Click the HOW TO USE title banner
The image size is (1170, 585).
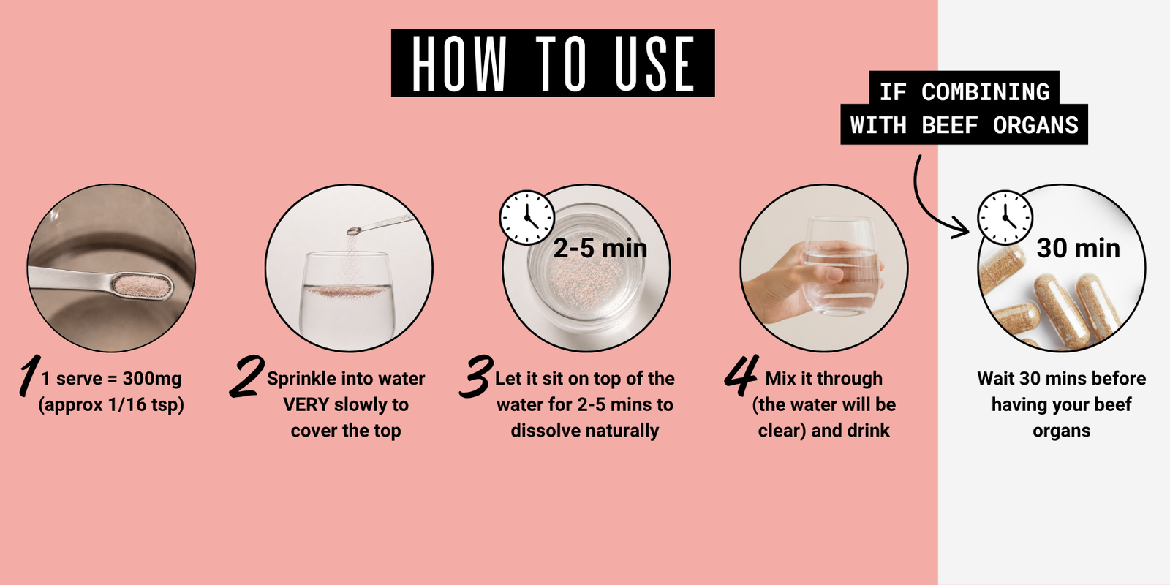coord(553,63)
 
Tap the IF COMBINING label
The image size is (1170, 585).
coord(965,92)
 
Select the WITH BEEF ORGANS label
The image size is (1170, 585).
coord(965,125)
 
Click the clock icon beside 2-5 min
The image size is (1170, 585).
coord(527,217)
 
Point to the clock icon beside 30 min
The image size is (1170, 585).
coord(1005,217)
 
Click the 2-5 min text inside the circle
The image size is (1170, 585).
coord(600,248)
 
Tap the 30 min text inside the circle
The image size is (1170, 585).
coord(1078,248)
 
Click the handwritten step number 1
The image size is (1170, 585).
coord(29,374)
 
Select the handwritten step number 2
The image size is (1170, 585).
coord(246,376)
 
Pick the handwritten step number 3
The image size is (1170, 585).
coord(476,376)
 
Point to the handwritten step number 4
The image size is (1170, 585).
coord(741,375)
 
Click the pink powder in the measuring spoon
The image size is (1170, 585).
coord(141,285)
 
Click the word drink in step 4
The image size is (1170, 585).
coord(869,431)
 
